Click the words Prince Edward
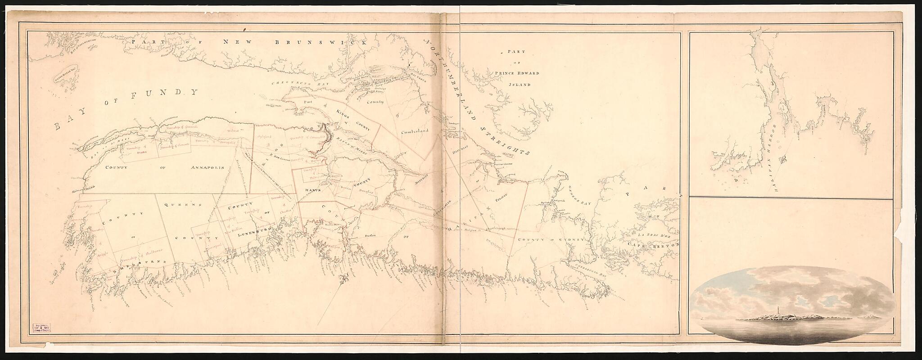point(515,73)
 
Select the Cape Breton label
point(655,246)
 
